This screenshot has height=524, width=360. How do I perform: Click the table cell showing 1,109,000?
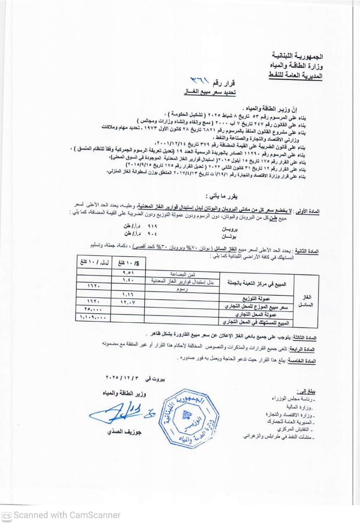[93, 316]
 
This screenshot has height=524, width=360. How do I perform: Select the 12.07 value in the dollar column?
[128, 302]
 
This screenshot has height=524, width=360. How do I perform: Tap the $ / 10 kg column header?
[128, 262]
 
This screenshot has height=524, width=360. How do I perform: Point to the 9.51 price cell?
[128, 272]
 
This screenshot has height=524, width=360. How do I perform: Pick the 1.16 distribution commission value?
[128, 294]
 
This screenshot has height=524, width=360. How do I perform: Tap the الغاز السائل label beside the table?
[306, 300]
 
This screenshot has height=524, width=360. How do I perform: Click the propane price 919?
[152, 226]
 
